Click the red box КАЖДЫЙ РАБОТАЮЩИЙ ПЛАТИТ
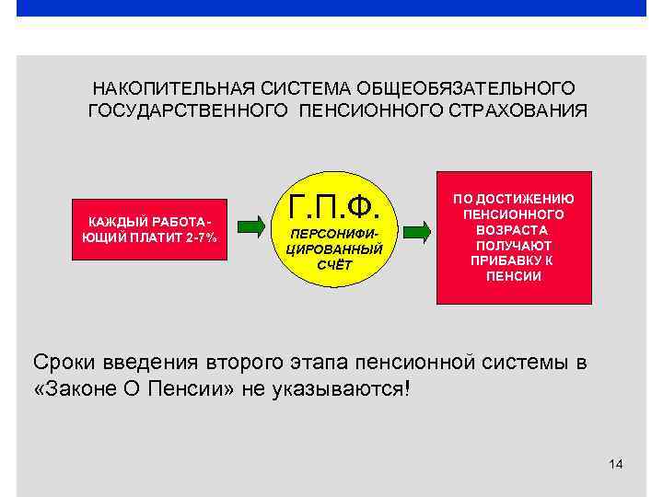pos(150,231)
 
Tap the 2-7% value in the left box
pos(200,238)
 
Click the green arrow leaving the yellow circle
pos(415,230)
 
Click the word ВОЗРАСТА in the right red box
pos(513,229)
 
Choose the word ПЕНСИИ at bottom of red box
pos(513,276)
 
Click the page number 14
pos(616,463)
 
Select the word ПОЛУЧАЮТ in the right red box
pos(513,245)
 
